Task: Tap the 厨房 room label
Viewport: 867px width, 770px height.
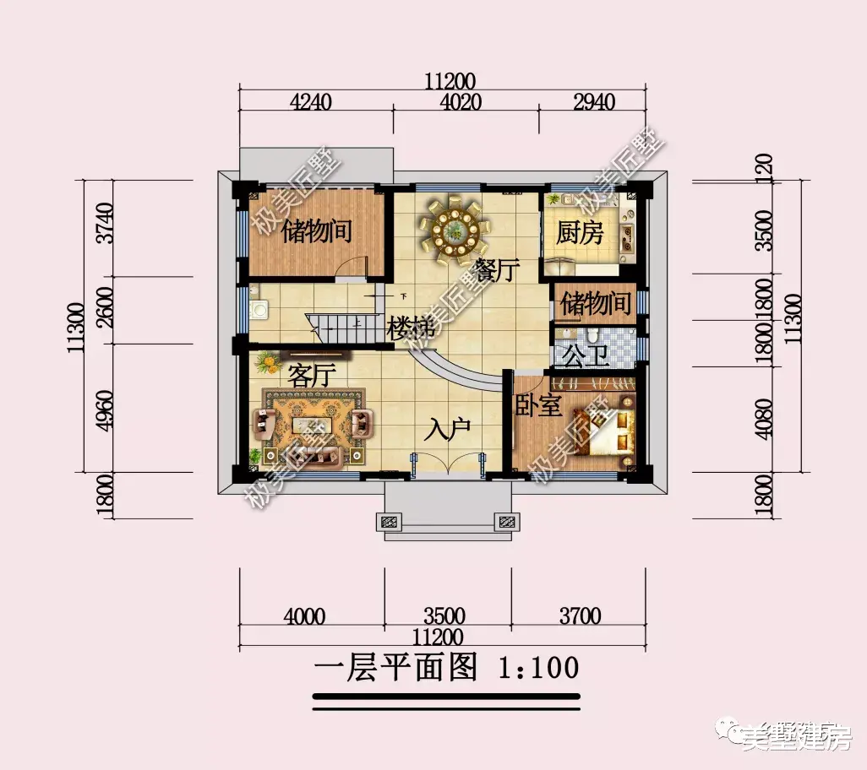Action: pos(580,233)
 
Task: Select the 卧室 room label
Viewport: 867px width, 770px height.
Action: pos(538,406)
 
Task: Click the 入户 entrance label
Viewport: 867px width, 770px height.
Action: pos(448,431)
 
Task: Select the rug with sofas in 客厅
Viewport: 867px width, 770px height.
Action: pos(313,427)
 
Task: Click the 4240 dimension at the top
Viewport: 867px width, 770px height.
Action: pos(311,102)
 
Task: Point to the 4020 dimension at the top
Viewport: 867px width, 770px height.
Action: pos(461,102)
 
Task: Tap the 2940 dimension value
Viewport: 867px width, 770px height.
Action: pos(593,102)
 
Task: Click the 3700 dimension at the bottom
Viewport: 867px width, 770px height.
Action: pos(580,616)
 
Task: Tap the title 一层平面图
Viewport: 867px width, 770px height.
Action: pos(395,668)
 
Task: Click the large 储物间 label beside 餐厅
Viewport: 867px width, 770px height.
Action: pos(317,230)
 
